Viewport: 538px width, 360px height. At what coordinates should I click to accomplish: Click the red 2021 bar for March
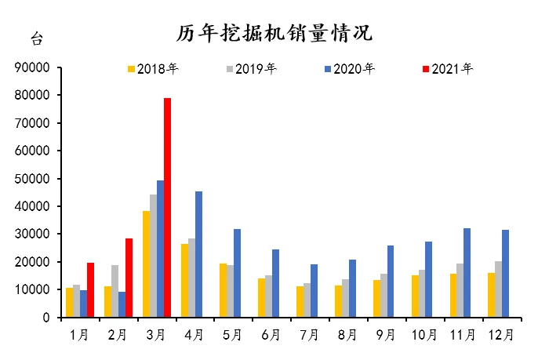point(167,208)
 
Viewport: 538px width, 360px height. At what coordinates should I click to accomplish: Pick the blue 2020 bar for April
point(198,254)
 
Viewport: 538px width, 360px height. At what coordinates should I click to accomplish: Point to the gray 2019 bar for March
point(153,256)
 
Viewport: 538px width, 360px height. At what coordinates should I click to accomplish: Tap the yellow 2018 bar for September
point(376,299)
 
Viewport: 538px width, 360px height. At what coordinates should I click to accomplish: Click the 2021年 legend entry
point(448,69)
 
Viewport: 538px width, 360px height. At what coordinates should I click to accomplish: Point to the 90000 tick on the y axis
point(33,68)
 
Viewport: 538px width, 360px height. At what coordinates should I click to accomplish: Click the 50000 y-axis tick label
point(33,179)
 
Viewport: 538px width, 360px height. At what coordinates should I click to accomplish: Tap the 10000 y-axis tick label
point(33,290)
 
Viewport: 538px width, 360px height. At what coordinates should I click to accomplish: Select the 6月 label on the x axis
point(271,336)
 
